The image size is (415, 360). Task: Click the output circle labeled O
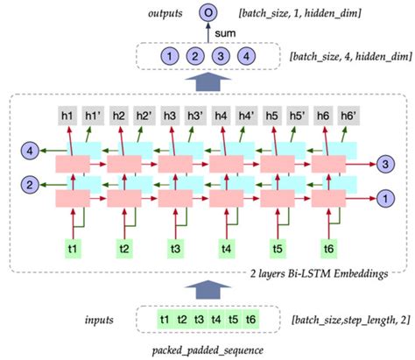point(207,13)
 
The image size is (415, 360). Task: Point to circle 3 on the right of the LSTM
point(384,164)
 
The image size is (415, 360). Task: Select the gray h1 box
point(67,115)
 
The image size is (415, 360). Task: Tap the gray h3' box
point(194,115)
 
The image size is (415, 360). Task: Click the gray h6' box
point(348,115)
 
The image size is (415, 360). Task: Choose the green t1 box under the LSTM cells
point(73,249)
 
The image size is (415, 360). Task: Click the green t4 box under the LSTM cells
point(226,249)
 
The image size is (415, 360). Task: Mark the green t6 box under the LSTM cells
point(328,249)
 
